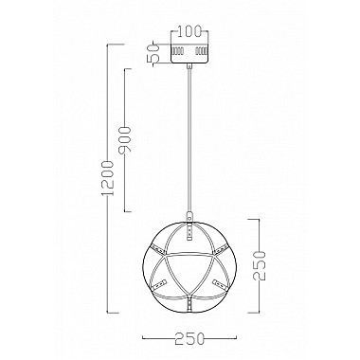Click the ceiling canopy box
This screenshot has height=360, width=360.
(x=187, y=53)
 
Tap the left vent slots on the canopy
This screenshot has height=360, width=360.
(x=175, y=50)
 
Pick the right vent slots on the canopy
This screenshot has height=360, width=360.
(x=199, y=50)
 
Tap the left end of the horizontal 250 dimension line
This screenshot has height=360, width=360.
(x=142, y=325)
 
